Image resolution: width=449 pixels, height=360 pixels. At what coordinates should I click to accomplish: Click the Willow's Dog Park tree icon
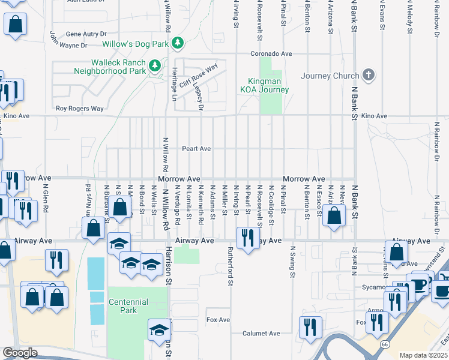coord(177,43)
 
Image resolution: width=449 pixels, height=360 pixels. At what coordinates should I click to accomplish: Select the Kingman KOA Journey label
coord(265,86)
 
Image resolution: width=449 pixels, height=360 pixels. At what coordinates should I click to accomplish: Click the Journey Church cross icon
coord(369,76)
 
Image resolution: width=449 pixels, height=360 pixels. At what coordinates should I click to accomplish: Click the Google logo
coord(20,353)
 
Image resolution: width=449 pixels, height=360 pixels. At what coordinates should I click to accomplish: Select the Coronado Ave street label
coord(271,53)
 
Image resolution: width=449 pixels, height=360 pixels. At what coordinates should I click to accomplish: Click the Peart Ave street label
coord(197,148)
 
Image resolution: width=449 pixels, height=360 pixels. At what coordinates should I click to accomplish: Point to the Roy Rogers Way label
coord(79,109)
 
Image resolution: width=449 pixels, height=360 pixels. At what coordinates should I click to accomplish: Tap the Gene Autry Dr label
coord(86,34)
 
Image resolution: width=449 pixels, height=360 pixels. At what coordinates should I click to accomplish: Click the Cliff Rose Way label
coord(197,76)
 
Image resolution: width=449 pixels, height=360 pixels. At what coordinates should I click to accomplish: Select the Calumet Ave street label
coord(261,334)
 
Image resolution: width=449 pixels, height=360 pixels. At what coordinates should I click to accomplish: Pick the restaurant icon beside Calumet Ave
coord(309,326)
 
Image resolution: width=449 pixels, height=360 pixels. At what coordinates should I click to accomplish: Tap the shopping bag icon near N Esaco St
coord(334,215)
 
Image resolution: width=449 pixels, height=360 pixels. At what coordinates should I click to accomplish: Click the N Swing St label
coord(294,262)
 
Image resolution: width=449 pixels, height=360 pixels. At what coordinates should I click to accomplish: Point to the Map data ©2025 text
coord(423,355)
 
